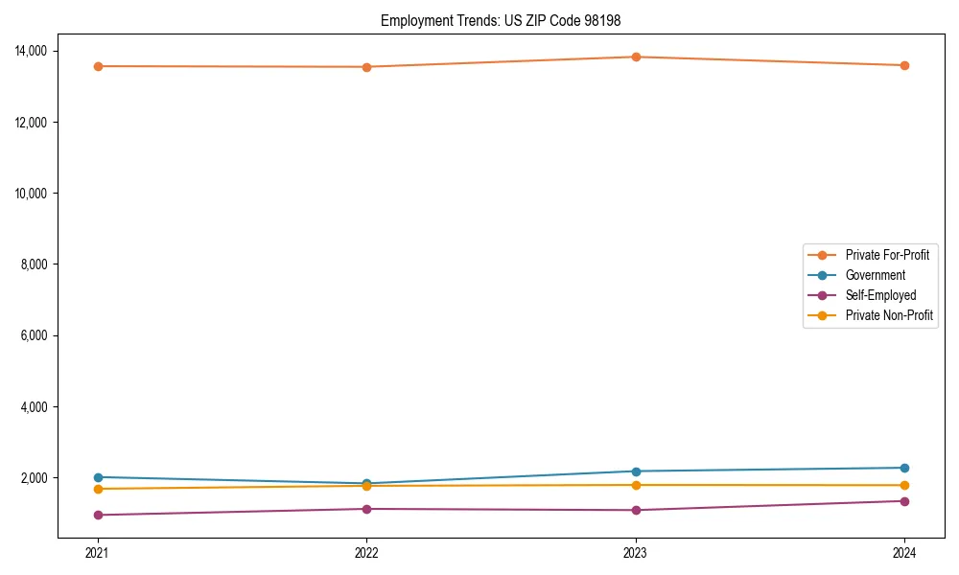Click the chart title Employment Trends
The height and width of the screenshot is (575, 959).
point(507,20)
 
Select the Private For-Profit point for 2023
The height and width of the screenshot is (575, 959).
point(636,57)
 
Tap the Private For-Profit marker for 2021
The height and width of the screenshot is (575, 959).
point(97,66)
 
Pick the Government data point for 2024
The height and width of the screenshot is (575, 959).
point(904,468)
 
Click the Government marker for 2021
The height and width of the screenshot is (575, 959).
point(97,477)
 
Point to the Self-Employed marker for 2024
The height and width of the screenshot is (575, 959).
point(904,501)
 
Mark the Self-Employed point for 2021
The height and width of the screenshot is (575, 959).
point(97,515)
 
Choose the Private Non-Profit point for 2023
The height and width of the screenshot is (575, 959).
point(636,485)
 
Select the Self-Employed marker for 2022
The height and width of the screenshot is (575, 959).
point(366,509)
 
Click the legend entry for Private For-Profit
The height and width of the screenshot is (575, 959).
point(887,255)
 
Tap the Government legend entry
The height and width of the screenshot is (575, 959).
point(875,275)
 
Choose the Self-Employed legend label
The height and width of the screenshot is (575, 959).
point(880,295)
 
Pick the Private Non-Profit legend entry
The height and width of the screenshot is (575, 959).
point(889,315)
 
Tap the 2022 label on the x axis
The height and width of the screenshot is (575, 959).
point(366,552)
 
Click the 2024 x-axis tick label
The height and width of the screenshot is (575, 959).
point(904,552)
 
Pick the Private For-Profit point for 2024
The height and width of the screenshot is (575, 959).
point(904,65)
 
